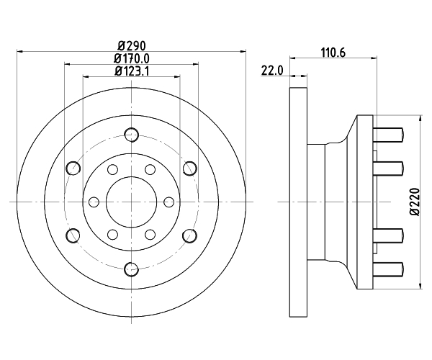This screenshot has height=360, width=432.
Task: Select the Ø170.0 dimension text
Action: coord(130,58)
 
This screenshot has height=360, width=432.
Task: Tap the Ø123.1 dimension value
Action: coord(130,71)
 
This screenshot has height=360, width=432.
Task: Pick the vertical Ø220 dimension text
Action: coord(415,202)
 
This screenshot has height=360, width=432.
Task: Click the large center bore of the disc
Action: coord(130,202)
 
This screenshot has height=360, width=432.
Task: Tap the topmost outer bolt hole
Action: coord(130,134)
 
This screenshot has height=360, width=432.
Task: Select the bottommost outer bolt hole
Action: coord(130,269)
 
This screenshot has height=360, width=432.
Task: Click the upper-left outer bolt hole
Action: coord(72,168)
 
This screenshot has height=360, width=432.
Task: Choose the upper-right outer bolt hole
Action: coord(189,168)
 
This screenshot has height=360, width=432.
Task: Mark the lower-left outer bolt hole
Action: coord(72,235)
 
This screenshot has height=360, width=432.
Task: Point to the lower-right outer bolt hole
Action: coord(189,235)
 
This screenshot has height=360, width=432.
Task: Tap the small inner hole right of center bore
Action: coord(169,202)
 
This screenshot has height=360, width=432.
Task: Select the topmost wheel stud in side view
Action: coord(389,132)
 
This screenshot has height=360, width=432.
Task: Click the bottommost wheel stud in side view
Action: coord(389,271)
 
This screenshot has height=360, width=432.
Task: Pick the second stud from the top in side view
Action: coord(389,167)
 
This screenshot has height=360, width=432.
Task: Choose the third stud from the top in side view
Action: coord(389,236)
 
